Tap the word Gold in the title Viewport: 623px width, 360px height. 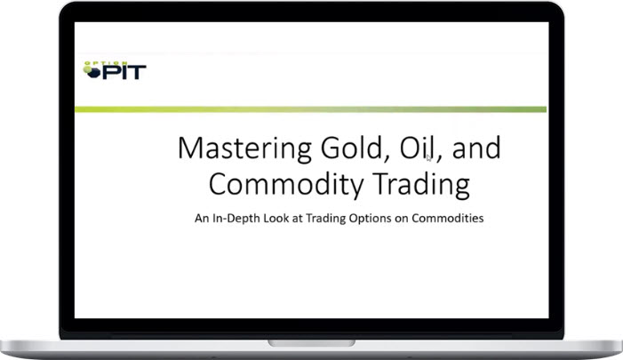[334, 148]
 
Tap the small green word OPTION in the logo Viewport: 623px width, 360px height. [97, 63]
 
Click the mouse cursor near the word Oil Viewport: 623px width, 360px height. [428, 157]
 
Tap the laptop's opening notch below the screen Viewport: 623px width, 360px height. [311, 342]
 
